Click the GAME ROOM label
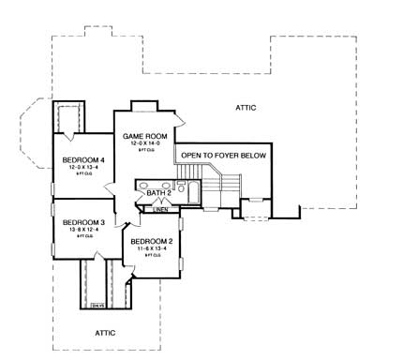144,137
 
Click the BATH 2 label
157,193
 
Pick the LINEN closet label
162,210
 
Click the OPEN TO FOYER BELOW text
224,155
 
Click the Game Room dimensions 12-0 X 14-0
144,144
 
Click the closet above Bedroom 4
69,119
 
